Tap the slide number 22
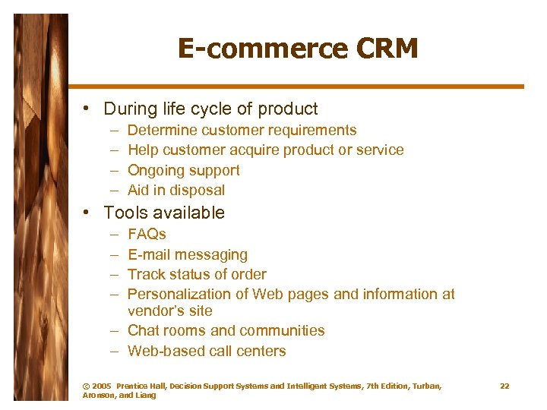click(x=504, y=386)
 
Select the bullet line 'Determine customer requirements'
click(x=242, y=131)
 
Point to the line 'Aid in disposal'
click(x=176, y=191)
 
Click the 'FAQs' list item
click(x=147, y=234)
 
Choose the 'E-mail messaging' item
click(x=187, y=254)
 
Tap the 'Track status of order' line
click(x=197, y=274)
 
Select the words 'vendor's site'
click(x=170, y=311)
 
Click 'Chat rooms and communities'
click(x=226, y=331)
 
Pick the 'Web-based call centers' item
click(x=207, y=351)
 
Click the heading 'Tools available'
click(x=164, y=213)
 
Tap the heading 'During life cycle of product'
click(x=210, y=109)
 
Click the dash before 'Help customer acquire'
click(x=112, y=150)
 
